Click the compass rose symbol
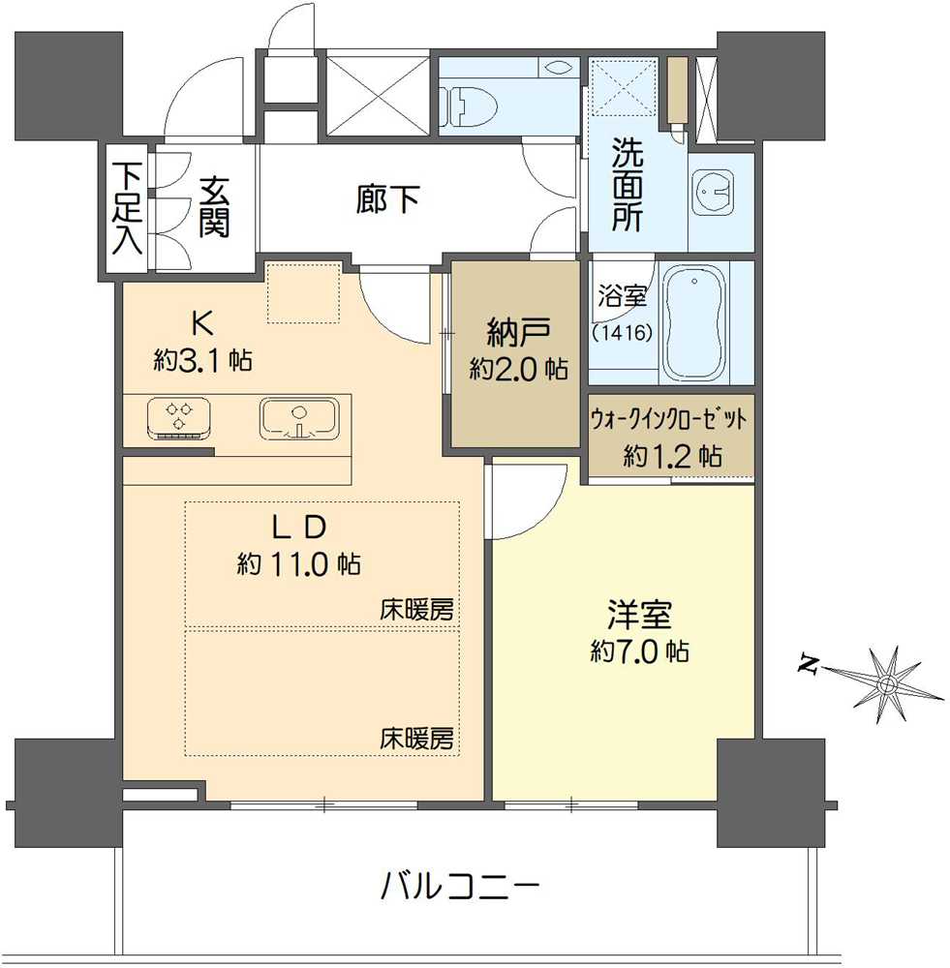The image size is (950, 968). tap(885, 684)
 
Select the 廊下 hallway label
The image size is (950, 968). tap(387, 200)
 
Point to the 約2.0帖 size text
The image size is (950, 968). tap(518, 369)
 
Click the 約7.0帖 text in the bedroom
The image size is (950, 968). tap(639, 651)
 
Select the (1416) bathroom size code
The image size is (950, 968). tap(622, 331)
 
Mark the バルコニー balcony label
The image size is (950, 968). tap(460, 885)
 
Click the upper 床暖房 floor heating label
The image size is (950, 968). tap(416, 611)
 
